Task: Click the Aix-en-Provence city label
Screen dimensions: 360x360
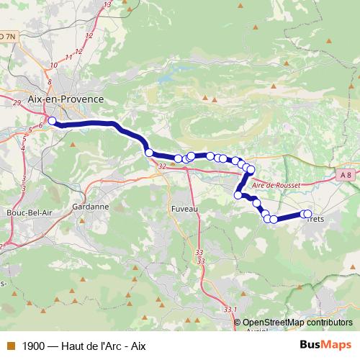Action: (65, 99)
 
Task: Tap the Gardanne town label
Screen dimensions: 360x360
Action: (90, 206)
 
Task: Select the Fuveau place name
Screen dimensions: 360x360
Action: (184, 207)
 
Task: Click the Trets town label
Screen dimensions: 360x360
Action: (316, 219)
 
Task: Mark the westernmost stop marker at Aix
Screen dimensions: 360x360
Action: (52, 121)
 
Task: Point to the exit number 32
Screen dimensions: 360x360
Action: (162, 166)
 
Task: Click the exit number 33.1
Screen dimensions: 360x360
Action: (230, 310)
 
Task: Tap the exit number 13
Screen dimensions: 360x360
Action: (108, 5)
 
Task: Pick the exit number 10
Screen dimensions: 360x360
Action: (54, 66)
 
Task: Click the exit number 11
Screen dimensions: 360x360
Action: (69, 57)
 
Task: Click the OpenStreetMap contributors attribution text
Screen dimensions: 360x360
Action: (297, 323)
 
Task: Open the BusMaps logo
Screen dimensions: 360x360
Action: (325, 345)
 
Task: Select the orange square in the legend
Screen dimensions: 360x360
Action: (11, 346)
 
